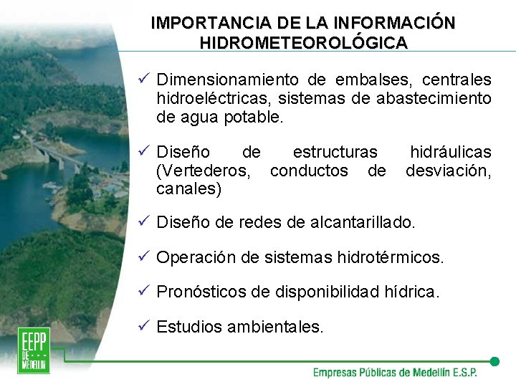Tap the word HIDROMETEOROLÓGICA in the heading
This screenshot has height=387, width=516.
click(x=304, y=43)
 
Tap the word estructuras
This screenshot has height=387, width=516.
click(x=335, y=152)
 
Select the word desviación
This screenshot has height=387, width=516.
click(x=449, y=171)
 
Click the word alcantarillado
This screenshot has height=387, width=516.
click(x=363, y=223)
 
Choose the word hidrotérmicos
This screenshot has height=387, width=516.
click(x=391, y=257)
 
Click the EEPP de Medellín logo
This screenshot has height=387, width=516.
click(x=34, y=350)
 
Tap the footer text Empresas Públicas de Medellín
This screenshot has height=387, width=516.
click(x=394, y=373)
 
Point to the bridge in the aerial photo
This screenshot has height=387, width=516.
click(x=57, y=154)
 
